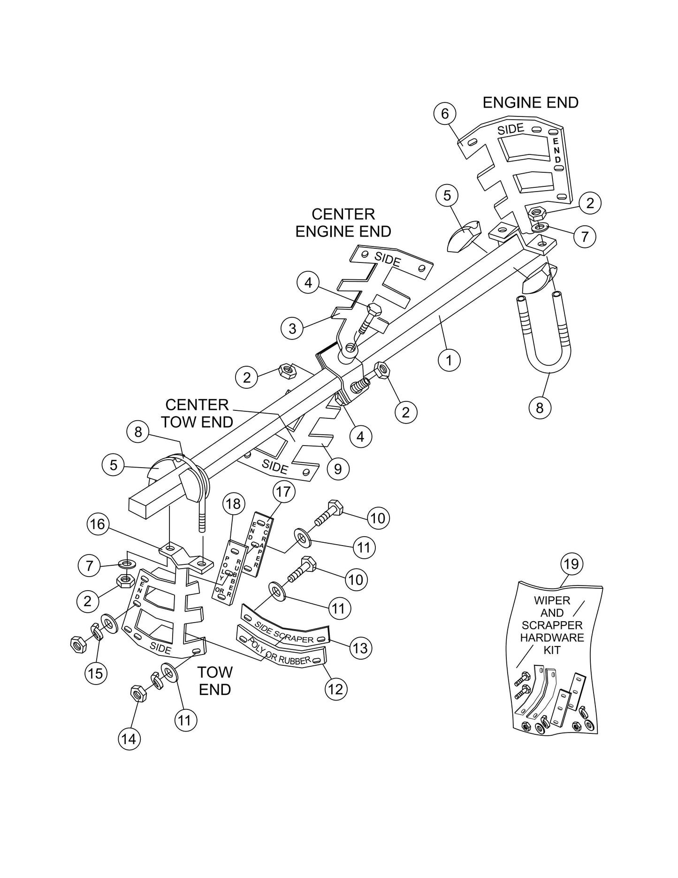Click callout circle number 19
(571, 564)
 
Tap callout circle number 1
(449, 360)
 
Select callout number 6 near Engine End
(445, 114)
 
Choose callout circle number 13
(360, 648)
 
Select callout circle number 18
(233, 504)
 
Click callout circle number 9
(338, 468)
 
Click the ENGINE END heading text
(530, 102)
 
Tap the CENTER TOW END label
(197, 413)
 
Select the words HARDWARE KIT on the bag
(552, 644)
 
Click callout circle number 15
(95, 673)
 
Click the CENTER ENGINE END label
(343, 223)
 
